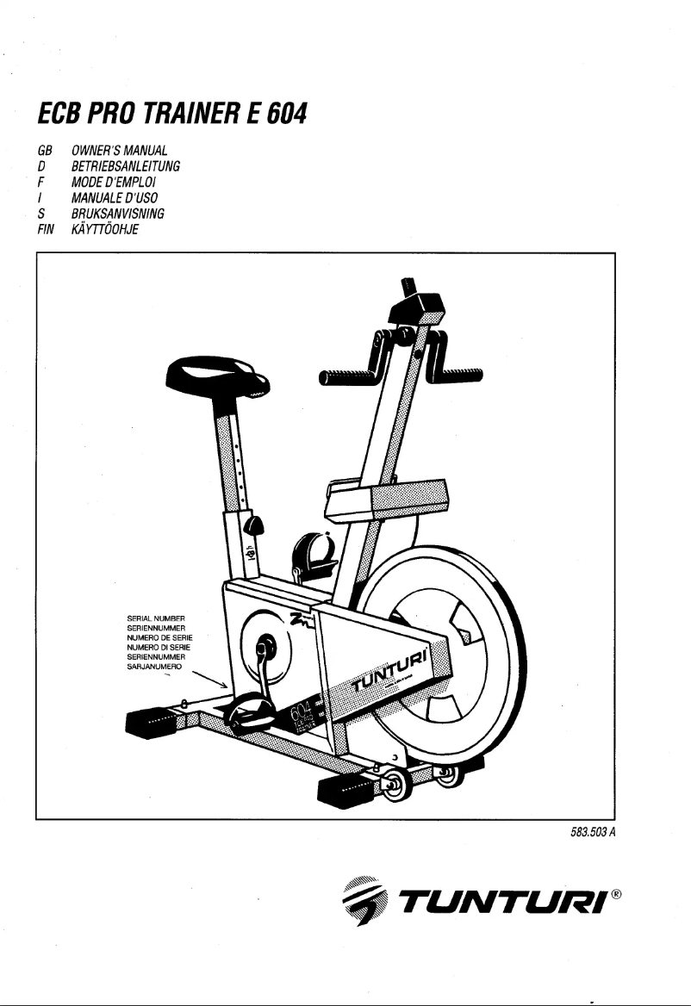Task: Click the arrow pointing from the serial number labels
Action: coord(210,677)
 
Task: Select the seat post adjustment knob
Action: coord(256,525)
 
